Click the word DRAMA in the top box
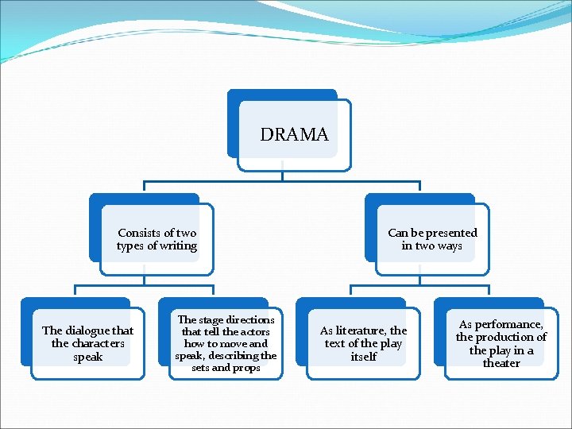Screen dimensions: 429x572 click(x=294, y=135)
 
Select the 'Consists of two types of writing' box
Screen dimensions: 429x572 click(x=157, y=239)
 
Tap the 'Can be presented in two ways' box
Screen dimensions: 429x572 click(x=432, y=239)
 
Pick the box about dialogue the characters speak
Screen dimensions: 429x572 click(x=87, y=343)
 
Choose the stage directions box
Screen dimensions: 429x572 click(x=226, y=343)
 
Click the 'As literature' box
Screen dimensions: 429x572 click(x=363, y=343)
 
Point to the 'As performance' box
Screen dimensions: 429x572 click(x=501, y=343)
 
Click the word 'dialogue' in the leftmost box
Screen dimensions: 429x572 click(x=87, y=330)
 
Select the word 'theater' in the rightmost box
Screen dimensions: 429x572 click(x=501, y=363)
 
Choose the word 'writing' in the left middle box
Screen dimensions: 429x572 click(x=177, y=246)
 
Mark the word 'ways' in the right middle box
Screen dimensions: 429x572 click(x=449, y=246)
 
